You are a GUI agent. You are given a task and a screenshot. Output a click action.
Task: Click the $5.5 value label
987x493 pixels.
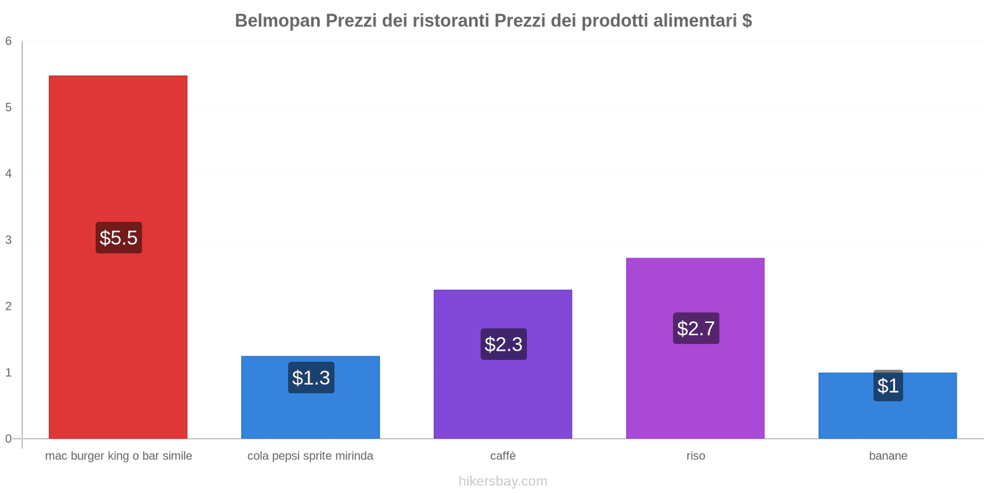(118, 237)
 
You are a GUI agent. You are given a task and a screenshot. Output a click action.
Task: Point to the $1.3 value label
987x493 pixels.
(311, 377)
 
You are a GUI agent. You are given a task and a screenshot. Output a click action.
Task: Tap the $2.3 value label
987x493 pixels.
(503, 344)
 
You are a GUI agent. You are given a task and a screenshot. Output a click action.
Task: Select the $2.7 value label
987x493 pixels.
(696, 328)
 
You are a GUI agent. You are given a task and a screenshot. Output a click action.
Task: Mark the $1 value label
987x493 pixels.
(888, 386)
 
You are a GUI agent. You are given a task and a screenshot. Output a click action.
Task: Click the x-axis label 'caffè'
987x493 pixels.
(503, 456)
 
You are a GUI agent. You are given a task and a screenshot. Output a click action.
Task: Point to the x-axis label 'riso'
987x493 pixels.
(695, 456)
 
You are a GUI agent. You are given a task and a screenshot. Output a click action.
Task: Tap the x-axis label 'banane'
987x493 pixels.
(888, 456)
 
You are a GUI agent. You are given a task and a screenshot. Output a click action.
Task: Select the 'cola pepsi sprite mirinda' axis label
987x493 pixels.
(310, 456)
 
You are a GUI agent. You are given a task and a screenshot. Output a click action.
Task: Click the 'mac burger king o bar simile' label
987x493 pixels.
(118, 456)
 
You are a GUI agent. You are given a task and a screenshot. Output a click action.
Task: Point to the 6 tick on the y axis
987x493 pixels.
(9, 41)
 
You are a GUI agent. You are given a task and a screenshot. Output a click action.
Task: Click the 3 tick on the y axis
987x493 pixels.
(9, 240)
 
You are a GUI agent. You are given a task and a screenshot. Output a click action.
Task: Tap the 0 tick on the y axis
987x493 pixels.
(9, 439)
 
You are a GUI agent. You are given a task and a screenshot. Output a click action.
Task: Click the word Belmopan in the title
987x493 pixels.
(278, 21)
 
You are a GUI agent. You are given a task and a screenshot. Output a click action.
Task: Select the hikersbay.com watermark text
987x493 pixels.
(503, 481)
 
